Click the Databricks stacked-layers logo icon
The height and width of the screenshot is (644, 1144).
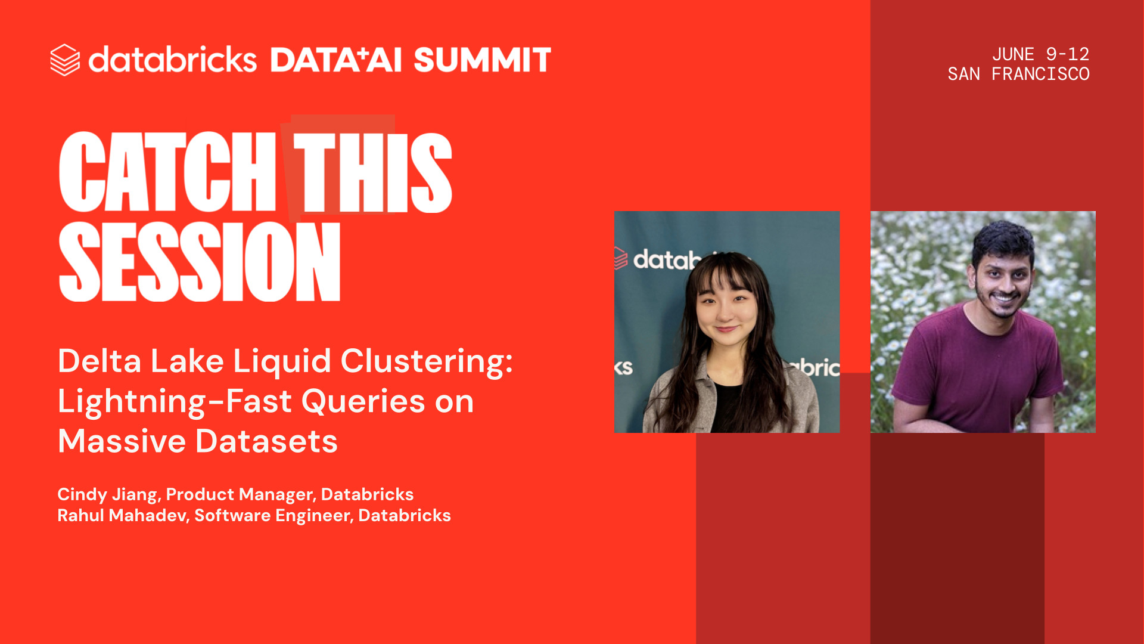(x=65, y=60)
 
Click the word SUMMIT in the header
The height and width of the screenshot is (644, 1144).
(x=482, y=60)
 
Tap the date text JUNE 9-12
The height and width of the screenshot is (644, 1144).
(x=1040, y=54)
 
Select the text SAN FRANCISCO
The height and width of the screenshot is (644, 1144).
(x=1018, y=74)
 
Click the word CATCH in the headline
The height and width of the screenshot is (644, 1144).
(x=167, y=172)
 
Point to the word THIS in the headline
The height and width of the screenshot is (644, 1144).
(x=372, y=172)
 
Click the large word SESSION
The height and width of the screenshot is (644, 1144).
(x=200, y=262)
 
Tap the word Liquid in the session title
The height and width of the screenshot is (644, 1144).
(x=281, y=362)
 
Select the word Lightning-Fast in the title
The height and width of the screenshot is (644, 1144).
(x=175, y=402)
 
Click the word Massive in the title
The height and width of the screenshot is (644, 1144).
(x=122, y=441)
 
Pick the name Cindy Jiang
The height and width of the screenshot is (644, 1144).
(x=107, y=494)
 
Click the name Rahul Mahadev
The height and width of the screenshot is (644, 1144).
(x=122, y=515)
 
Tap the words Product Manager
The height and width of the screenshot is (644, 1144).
(x=239, y=494)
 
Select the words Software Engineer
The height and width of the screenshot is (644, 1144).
(x=272, y=516)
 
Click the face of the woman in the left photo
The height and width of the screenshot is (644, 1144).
(x=726, y=310)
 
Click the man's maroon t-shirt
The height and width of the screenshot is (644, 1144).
(x=977, y=370)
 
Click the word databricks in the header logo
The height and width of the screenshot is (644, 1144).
(x=173, y=59)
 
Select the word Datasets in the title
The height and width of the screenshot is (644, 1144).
(x=266, y=441)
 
